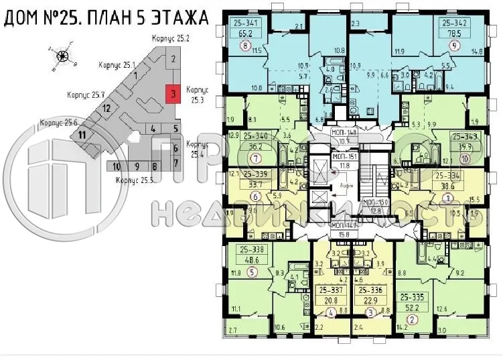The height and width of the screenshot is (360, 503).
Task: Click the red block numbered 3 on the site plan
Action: coord(173,94)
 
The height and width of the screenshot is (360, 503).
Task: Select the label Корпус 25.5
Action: coord(133,180)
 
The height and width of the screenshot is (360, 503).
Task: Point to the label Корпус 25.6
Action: coord(59,123)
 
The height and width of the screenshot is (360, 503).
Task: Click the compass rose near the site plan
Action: coord(62,56)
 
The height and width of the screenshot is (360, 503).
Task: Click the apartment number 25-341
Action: coord(246,22)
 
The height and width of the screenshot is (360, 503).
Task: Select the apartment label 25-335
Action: coord(413,296)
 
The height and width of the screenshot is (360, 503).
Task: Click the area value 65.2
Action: coord(246,32)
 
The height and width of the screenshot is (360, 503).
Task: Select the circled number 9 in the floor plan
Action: coord(455,46)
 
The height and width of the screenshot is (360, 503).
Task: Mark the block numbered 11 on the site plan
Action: coord(82,134)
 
